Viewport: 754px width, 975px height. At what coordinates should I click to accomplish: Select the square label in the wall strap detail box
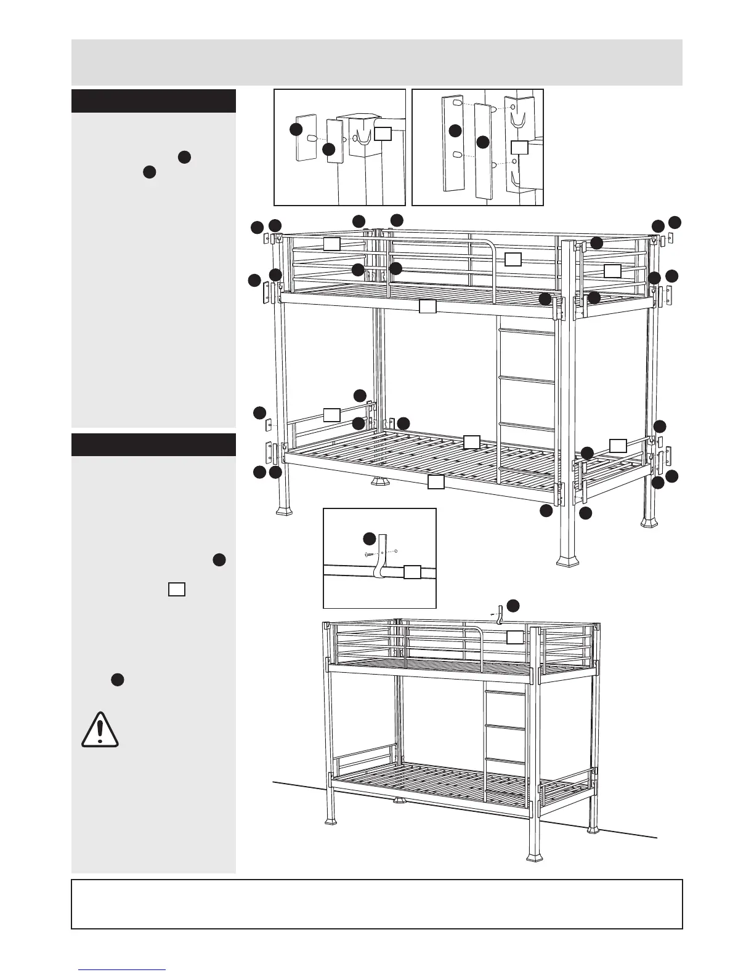[x=412, y=572]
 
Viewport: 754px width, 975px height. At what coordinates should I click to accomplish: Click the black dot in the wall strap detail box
[x=368, y=539]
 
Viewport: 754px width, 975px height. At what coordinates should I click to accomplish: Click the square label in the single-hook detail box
[x=383, y=133]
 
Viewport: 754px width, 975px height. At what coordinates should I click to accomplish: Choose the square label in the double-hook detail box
[x=520, y=146]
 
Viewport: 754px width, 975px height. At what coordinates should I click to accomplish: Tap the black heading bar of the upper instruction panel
[x=153, y=101]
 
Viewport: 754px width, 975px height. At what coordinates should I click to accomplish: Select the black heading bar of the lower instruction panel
[x=153, y=444]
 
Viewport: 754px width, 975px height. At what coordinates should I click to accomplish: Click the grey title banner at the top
[x=376, y=62]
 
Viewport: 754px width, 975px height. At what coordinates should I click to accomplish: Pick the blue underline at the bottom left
[x=122, y=970]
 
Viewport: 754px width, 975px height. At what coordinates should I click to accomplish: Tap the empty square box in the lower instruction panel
[x=176, y=589]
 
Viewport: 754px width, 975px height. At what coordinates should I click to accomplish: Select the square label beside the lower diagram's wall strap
[x=515, y=637]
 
